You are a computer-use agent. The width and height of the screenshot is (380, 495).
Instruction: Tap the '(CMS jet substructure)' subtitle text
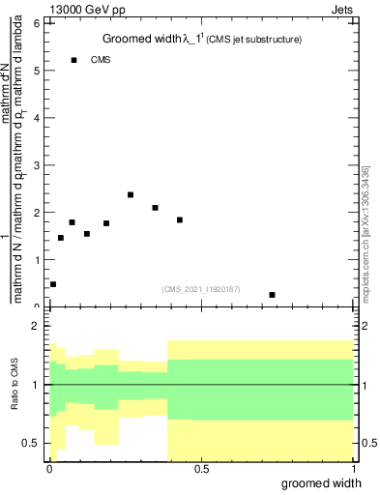click(253, 41)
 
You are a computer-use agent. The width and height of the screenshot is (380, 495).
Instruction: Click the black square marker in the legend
click(73, 60)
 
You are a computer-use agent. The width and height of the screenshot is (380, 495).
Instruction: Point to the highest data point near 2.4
click(131, 194)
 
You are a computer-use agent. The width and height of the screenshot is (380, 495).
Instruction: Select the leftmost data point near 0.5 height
click(53, 284)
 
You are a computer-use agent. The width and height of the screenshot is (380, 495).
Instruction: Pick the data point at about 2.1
click(155, 208)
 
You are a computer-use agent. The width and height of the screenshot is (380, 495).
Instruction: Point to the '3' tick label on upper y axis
click(37, 165)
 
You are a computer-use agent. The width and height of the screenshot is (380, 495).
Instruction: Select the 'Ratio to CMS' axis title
click(15, 385)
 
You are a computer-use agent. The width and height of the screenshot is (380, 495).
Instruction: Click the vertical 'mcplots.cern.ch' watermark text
click(365, 230)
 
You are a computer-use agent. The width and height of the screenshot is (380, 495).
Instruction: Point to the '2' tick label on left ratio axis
click(37, 327)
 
